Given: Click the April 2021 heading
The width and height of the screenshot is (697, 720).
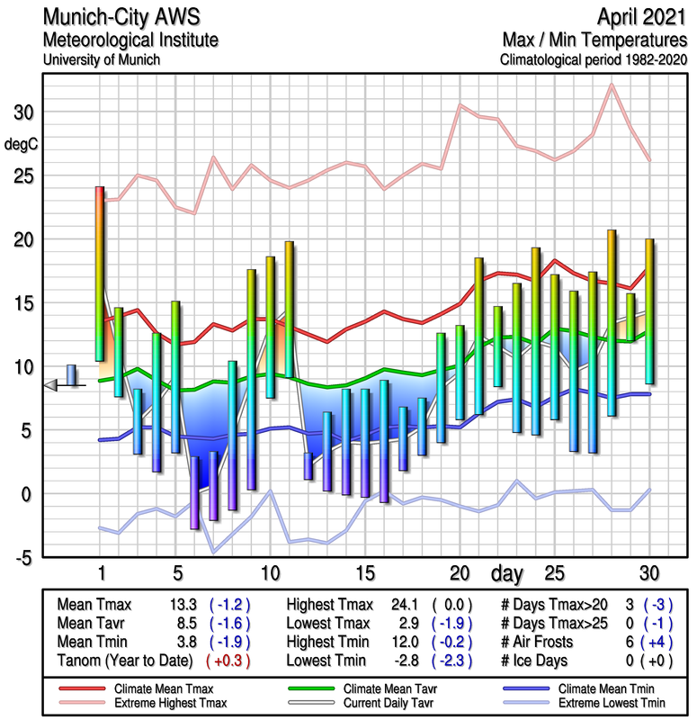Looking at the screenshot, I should coord(638,18).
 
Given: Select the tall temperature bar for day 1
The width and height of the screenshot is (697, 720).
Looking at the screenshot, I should coord(100,274).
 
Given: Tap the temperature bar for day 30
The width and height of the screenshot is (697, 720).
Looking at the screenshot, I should coord(649,310).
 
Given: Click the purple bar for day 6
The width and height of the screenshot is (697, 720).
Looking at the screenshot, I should coord(194,492).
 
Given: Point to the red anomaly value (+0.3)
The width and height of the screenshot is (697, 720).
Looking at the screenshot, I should coord(228,661).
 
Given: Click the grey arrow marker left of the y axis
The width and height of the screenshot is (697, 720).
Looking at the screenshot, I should coord(51,385).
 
